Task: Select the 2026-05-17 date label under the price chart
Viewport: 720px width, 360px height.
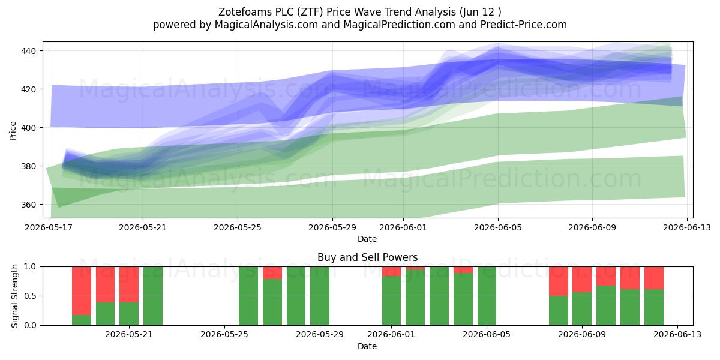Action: click(x=49, y=227)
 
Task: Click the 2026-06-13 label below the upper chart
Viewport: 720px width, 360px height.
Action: click(x=687, y=227)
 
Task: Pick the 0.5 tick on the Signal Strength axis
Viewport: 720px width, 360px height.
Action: click(x=30, y=296)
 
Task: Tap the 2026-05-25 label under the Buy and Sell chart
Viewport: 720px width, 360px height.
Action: click(x=224, y=335)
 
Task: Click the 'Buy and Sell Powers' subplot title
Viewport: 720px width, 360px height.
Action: click(x=367, y=257)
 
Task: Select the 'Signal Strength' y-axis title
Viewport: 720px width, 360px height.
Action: click(x=14, y=296)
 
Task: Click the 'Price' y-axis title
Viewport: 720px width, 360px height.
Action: click(x=13, y=131)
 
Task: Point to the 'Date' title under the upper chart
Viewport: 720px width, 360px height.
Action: click(x=367, y=239)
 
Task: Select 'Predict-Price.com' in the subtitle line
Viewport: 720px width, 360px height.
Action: click(x=524, y=25)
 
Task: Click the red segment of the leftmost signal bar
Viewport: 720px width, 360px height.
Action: click(x=82, y=291)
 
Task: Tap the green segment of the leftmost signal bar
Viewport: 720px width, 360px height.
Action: click(x=82, y=320)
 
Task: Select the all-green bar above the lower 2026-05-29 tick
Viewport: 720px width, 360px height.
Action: click(x=320, y=296)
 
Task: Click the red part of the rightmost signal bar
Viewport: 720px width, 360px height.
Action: click(x=654, y=278)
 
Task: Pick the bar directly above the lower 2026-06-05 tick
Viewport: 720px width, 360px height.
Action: click(x=487, y=296)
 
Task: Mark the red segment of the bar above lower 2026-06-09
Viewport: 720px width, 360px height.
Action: click(x=582, y=280)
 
